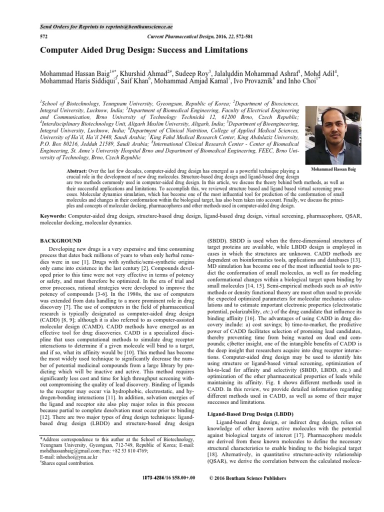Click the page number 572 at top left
point(43,37)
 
